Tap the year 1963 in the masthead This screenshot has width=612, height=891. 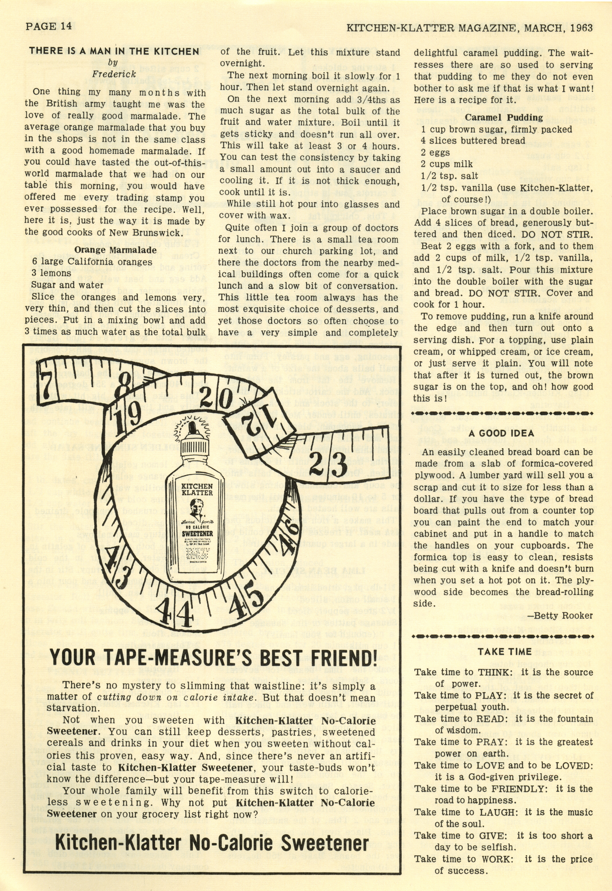tap(581, 28)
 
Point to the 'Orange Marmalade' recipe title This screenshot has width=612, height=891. tap(115, 250)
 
